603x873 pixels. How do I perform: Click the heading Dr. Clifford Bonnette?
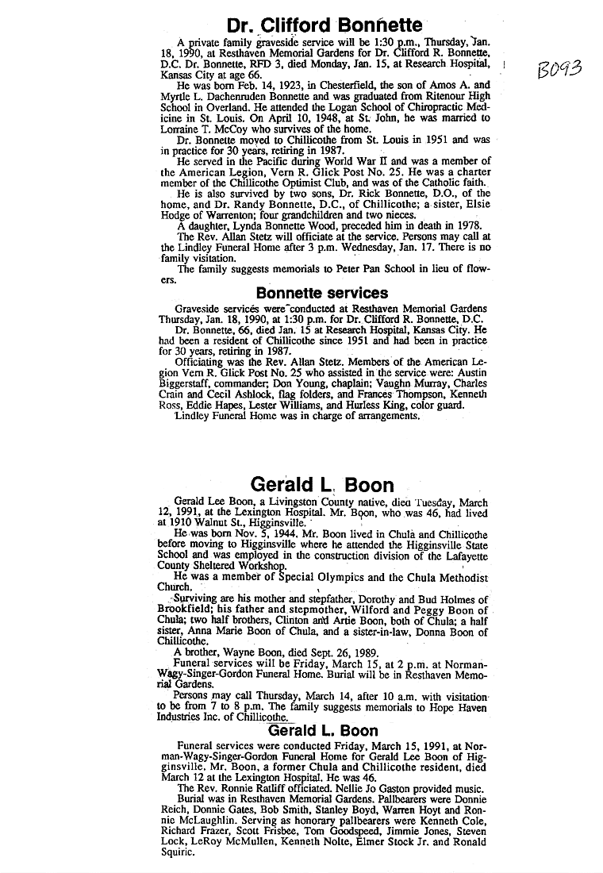pos(325,25)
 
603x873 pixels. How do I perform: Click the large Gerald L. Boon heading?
pos(322,484)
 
